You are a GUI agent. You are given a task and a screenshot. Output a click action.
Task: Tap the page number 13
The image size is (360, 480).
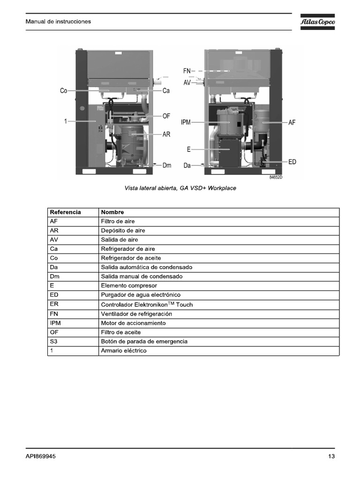tap(331, 457)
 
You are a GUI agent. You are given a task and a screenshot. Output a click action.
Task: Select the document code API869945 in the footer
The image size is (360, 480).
tap(41, 457)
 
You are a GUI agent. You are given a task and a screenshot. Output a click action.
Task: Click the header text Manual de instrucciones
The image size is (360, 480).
tap(58, 22)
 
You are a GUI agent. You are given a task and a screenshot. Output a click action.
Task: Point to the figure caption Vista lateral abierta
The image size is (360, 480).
tap(180, 188)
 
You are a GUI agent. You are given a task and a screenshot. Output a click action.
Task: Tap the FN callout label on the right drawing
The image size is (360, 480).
tap(187, 71)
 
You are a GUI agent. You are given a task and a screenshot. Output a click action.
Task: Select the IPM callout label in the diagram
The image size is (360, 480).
tap(186, 122)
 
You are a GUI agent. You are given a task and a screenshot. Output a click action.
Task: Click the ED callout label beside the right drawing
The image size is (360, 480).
tap(292, 162)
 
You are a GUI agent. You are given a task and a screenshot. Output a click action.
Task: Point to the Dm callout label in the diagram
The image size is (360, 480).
tap(167, 165)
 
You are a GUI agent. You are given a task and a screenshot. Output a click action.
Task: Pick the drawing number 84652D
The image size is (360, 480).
tap(276, 178)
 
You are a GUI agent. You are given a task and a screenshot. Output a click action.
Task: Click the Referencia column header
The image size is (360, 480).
tap(65, 212)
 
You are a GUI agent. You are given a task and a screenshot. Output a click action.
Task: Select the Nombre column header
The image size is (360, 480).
tap(112, 212)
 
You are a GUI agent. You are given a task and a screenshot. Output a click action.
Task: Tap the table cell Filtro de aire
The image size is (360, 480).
tap(118, 221)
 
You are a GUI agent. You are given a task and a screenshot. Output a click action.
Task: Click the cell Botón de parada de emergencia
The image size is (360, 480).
tap(144, 341)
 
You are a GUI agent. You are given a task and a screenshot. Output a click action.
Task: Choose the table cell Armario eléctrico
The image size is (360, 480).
tap(123, 351)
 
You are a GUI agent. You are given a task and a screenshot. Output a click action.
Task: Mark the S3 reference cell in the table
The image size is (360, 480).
tap(53, 341)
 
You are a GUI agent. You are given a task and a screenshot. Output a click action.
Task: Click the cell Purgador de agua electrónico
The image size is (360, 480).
tap(141, 295)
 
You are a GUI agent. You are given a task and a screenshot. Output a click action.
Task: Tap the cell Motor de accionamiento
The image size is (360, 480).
tap(133, 323)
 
